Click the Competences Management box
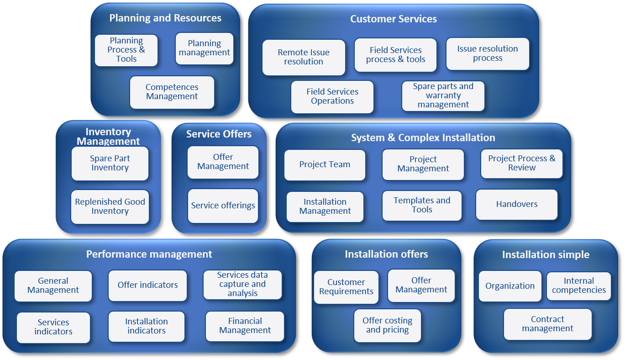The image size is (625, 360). click(172, 92)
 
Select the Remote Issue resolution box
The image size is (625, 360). click(304, 57)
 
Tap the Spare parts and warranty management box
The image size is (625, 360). click(443, 95)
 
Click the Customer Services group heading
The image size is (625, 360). click(393, 19)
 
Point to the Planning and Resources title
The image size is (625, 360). click(165, 18)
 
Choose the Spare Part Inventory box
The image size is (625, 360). click(110, 163)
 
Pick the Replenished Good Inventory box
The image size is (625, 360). click(110, 206)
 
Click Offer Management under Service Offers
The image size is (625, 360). click(223, 162)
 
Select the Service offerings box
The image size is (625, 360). click(223, 206)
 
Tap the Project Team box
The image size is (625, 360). click(325, 164)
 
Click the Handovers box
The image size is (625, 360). click(517, 204)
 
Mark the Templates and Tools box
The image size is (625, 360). click(422, 205)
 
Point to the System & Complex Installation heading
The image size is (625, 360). click(423, 138)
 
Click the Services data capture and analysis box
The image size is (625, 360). click(242, 284)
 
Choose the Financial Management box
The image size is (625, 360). click(245, 326)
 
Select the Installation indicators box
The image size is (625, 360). click(147, 326)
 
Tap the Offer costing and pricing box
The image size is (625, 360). click(387, 325)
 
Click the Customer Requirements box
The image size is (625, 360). click(346, 287)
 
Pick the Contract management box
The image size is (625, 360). click(547, 324)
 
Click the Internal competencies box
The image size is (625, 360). click(578, 286)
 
